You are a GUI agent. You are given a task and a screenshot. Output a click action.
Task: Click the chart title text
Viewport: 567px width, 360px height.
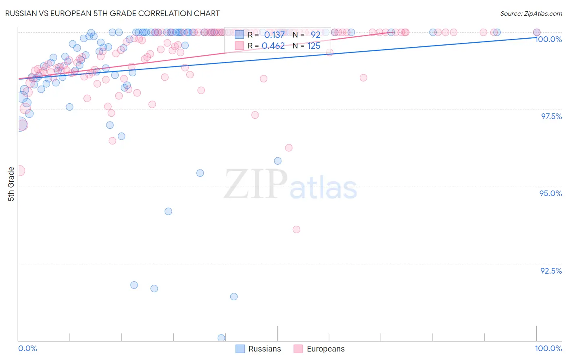(113, 13)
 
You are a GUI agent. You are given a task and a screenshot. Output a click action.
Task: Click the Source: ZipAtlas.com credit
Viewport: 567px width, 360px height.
(531, 13)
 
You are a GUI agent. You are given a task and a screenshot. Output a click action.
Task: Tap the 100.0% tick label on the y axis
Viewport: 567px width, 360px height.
(548, 39)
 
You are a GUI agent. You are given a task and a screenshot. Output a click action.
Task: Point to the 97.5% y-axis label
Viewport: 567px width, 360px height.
(551, 116)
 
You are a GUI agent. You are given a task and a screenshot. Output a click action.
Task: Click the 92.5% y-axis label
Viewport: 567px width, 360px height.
(551, 271)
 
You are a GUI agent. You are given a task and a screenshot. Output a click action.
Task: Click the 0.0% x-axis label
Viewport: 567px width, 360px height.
(27, 348)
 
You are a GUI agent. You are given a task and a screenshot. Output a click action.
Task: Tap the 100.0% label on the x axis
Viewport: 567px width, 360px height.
(548, 348)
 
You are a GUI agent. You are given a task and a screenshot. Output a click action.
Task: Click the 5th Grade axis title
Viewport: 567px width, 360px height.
(11, 184)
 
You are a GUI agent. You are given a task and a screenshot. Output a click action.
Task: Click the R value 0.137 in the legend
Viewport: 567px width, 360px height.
(274, 35)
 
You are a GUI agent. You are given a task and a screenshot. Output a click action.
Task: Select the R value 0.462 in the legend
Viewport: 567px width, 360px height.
(273, 46)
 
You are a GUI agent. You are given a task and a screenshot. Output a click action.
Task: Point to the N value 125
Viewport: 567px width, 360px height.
(314, 46)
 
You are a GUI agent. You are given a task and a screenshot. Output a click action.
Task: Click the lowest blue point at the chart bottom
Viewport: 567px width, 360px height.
(221, 338)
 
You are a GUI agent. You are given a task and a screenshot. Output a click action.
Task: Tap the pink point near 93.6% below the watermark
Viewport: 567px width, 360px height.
(296, 230)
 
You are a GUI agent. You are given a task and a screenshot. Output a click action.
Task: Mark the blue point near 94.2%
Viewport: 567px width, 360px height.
(169, 211)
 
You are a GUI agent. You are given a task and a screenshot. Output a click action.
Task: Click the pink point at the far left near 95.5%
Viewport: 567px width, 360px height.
(19, 171)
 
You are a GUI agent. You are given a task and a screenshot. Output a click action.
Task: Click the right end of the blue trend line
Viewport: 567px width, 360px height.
(536, 37)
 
